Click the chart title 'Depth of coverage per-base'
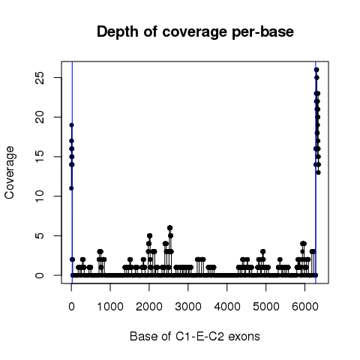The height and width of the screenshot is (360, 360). (195, 32)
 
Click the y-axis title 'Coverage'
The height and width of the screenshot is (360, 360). (10, 172)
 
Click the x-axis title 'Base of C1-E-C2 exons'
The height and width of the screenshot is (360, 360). (195, 337)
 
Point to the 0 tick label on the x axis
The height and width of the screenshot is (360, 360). (71, 307)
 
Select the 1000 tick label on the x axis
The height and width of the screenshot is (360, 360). (110, 307)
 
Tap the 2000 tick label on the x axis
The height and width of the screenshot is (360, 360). (149, 307)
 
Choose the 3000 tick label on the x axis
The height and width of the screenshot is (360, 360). (188, 307)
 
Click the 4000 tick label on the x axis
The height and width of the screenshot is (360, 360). (227, 307)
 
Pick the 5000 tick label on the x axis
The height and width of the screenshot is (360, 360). (266, 307)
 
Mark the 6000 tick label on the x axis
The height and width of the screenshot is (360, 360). (305, 307)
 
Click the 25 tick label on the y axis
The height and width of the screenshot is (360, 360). (40, 78)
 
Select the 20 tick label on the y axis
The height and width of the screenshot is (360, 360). (40, 117)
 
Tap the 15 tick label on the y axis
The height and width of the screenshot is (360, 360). (40, 157)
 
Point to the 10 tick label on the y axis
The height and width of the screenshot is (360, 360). (40, 196)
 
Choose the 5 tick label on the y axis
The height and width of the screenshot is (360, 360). (40, 235)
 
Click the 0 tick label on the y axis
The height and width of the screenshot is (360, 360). (40, 275)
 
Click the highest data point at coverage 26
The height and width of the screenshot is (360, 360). (316, 70)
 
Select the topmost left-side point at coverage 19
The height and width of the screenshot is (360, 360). (72, 125)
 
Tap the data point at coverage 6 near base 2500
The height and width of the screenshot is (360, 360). (170, 228)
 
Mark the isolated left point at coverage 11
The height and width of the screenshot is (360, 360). (71, 188)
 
